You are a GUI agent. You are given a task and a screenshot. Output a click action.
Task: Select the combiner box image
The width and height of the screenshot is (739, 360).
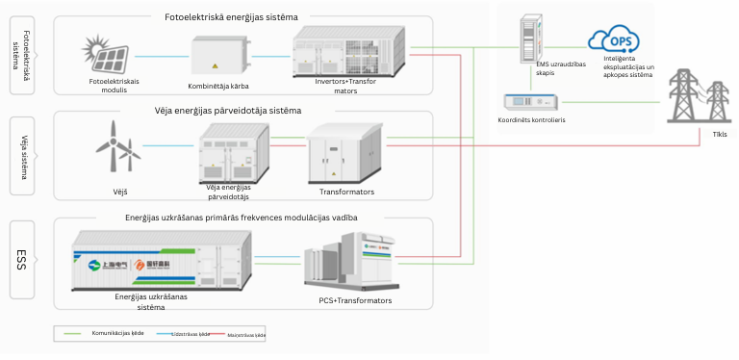(220, 56)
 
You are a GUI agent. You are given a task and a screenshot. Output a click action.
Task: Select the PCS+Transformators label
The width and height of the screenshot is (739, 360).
(355, 300)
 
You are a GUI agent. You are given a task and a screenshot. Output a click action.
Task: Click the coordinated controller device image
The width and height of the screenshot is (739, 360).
(531, 101)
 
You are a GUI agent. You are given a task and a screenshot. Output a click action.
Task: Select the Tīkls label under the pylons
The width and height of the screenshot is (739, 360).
(707, 135)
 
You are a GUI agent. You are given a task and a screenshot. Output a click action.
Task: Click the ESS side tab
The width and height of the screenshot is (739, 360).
(26, 259)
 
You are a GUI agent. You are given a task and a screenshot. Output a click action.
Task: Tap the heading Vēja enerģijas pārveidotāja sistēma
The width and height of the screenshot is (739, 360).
(228, 111)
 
